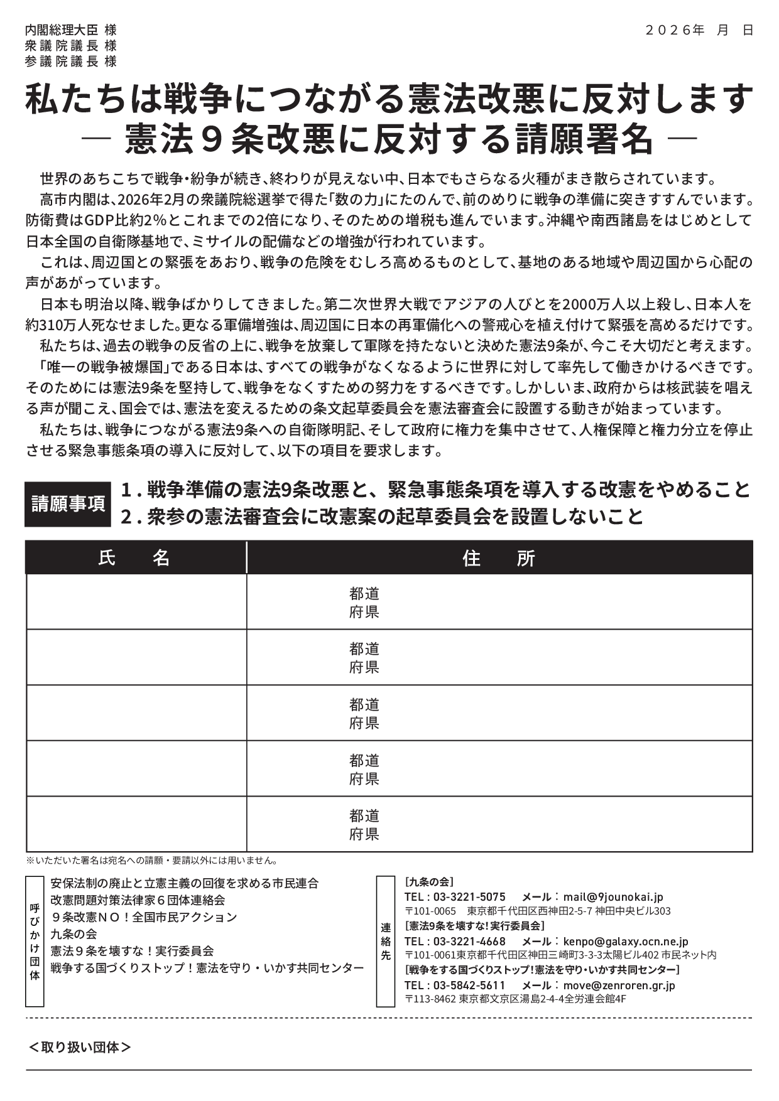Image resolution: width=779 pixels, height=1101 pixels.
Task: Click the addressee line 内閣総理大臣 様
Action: [x=70, y=30]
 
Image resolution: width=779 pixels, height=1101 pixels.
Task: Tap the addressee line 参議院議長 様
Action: [x=70, y=62]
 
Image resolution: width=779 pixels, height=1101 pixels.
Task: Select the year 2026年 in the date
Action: [x=675, y=30]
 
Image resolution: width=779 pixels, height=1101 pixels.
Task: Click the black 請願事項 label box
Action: [x=68, y=503]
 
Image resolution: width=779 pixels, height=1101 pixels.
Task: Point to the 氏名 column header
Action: [x=135, y=557]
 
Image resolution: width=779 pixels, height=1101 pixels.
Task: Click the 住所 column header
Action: [x=499, y=557]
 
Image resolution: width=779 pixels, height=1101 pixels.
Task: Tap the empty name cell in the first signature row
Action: [x=136, y=601]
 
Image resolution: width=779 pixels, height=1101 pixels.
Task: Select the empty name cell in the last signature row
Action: [x=136, y=824]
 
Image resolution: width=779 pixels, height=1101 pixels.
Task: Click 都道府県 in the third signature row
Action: [x=364, y=713]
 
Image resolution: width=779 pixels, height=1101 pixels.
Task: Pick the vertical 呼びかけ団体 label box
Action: [x=35, y=941]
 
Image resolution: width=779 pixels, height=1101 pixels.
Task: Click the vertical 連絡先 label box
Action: [x=385, y=941]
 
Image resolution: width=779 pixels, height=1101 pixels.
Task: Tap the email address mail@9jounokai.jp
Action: [x=613, y=897]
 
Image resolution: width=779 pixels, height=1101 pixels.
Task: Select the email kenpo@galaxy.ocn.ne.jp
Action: [x=626, y=942]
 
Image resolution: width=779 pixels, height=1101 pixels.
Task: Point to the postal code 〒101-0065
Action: [x=430, y=911]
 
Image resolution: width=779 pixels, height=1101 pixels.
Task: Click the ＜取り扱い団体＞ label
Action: [x=80, y=1047]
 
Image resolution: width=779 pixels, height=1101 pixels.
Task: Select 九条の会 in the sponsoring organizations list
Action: [x=74, y=934]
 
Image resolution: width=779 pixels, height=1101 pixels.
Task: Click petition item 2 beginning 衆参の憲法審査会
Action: [x=383, y=516]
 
